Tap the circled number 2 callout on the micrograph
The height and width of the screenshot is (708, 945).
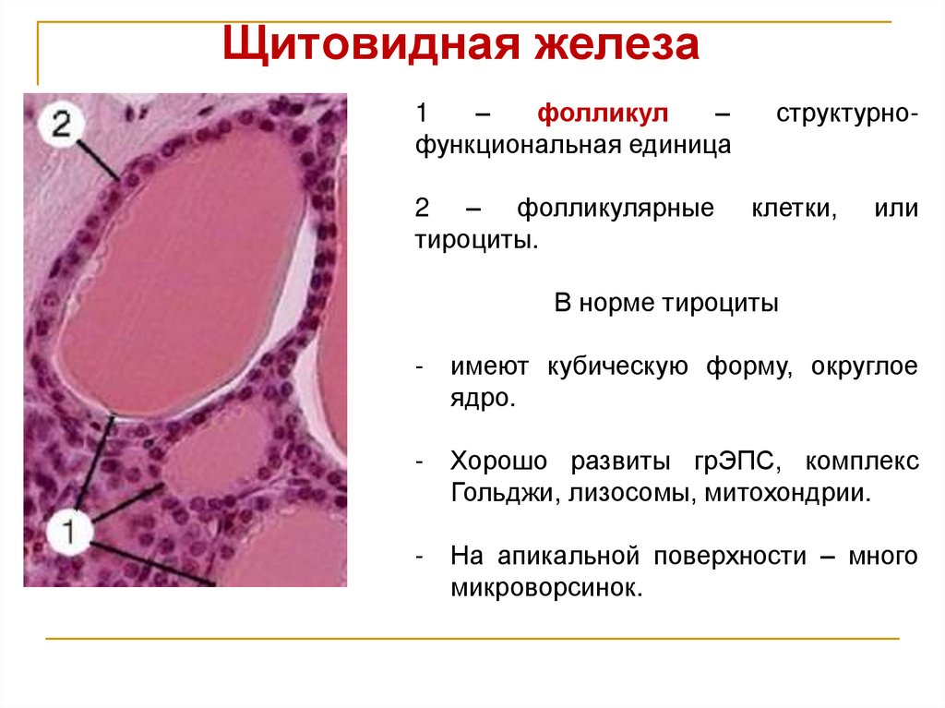pos(61,125)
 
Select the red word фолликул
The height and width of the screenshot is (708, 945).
pos(604,115)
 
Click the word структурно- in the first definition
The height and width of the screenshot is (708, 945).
pos(846,115)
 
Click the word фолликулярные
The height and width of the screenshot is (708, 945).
pos(616,209)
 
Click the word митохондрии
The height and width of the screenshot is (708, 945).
pos(788,492)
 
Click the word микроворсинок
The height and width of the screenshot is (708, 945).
pos(545,587)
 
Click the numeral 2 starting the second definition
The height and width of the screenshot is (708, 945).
pos(422,209)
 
